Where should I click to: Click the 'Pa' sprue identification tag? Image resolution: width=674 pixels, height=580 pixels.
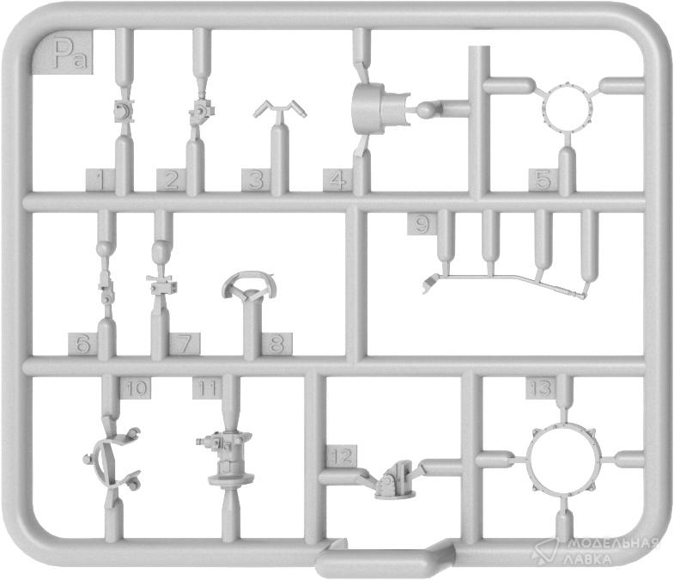coord(65,52)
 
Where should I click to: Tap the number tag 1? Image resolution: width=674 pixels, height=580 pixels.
coord(100,180)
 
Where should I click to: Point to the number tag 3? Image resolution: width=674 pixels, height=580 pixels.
coord(256,180)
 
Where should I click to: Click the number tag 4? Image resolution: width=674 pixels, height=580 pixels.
coord(338,180)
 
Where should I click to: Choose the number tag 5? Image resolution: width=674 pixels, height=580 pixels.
coord(543,180)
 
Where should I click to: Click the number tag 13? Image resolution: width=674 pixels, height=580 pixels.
coord(541,388)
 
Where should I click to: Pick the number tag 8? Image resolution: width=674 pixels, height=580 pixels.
coord(276,344)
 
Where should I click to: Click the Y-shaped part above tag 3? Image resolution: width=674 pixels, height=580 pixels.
coord(280,108)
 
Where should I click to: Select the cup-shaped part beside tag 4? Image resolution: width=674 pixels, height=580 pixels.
coord(380,108)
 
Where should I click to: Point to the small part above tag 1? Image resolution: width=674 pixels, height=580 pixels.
coord(124,111)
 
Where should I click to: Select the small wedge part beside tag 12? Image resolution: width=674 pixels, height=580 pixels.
coord(396,480)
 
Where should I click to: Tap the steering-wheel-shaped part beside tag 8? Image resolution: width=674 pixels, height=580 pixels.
coord(249,286)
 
